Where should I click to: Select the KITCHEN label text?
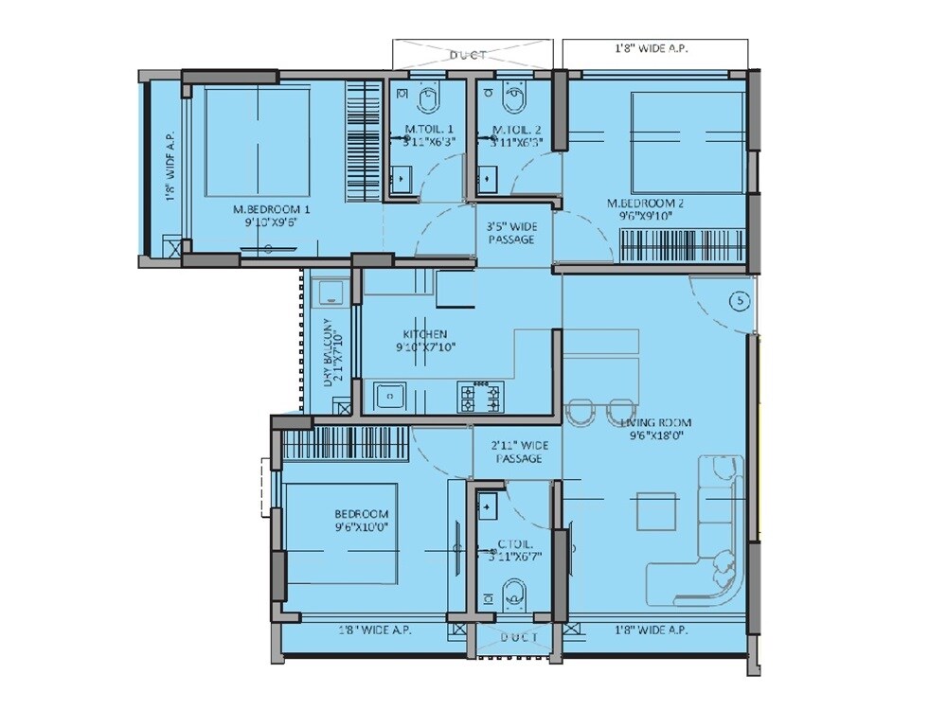click(424, 334)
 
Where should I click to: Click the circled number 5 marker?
click(741, 301)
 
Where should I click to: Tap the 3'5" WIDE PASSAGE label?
click(511, 233)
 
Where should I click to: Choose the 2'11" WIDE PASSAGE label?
click(519, 452)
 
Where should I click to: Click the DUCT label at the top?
click(469, 56)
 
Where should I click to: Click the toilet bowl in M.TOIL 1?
click(427, 96)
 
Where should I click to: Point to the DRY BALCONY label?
click(329, 349)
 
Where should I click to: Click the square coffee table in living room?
click(655, 512)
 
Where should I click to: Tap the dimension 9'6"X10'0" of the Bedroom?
click(361, 526)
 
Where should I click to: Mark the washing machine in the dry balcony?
click(329, 290)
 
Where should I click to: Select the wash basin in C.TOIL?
click(489, 506)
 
